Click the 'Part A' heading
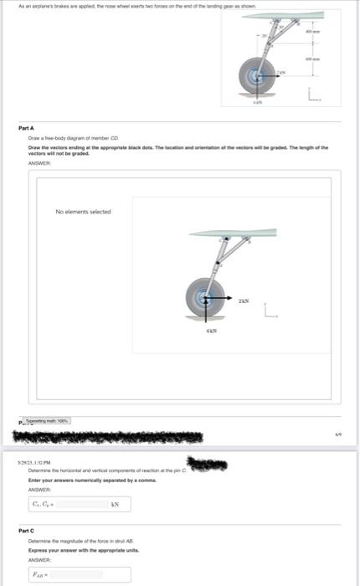[x=26, y=127]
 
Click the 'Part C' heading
[x=26, y=530]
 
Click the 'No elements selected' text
[x=83, y=212]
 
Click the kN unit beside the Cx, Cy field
[x=116, y=505]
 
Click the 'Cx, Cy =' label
[x=40, y=505]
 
